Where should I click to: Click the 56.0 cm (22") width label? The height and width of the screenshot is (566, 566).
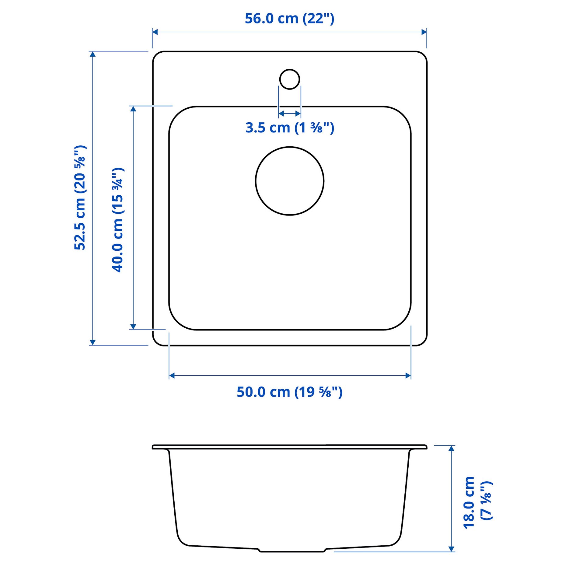(x=289, y=19)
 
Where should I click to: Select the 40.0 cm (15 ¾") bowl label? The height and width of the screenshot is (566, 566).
(x=118, y=220)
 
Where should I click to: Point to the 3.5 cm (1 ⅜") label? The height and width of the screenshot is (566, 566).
(x=289, y=128)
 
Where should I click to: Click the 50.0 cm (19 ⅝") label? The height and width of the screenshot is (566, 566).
(x=289, y=392)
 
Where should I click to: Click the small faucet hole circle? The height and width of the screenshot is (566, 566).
(x=289, y=79)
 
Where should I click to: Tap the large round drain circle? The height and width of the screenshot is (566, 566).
(x=289, y=181)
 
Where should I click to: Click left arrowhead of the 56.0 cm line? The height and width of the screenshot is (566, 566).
(x=155, y=32)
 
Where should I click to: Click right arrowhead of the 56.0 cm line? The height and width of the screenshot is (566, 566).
(x=424, y=32)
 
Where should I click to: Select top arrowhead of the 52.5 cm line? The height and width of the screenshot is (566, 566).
(x=93, y=54)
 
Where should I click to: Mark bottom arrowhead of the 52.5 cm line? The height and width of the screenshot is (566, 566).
(x=93, y=342)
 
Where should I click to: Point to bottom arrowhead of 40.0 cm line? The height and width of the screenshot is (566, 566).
(x=133, y=327)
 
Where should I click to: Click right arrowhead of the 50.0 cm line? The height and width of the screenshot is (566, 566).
(x=408, y=376)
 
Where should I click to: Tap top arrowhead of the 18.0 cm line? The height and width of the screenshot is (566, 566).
(x=452, y=448)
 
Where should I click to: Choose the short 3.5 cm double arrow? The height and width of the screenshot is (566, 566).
(x=289, y=114)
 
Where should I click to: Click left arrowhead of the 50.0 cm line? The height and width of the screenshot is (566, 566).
(x=172, y=376)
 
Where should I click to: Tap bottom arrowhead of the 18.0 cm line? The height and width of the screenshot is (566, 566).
(x=452, y=549)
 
